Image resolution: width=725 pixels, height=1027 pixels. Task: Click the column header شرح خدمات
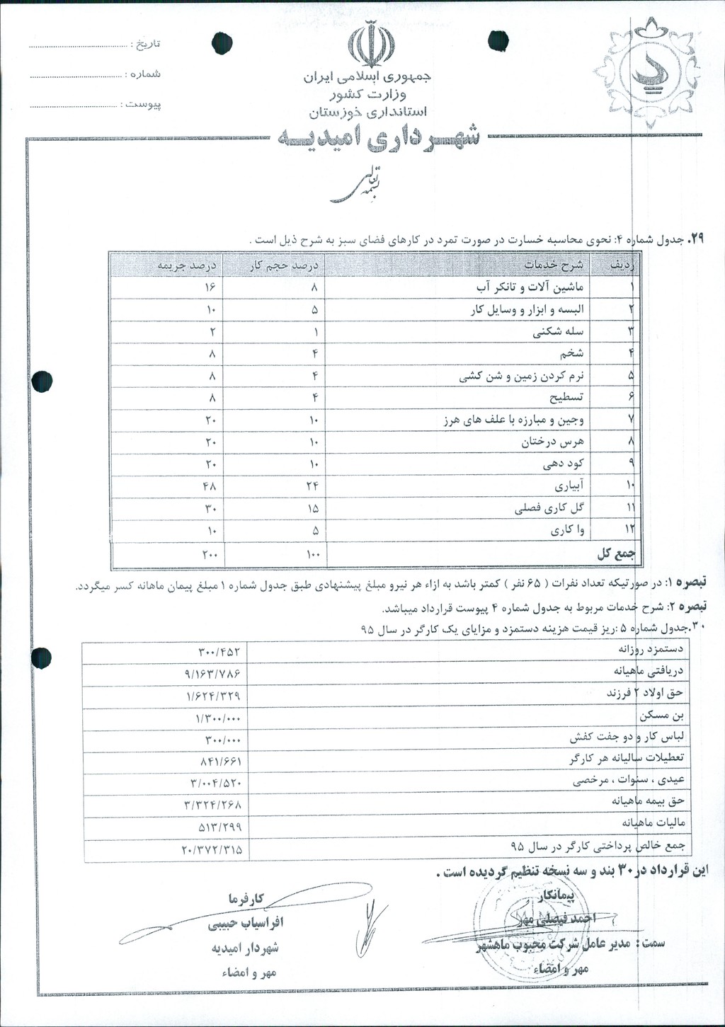tap(553, 265)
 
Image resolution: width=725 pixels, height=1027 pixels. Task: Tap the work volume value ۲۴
tap(313, 486)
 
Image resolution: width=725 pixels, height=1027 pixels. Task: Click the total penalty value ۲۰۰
tap(210, 554)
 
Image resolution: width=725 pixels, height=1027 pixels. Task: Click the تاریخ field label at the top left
tap(147, 44)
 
